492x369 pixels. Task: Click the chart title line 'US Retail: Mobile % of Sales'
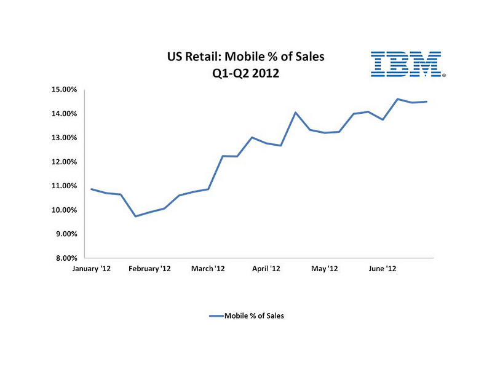pos(245,58)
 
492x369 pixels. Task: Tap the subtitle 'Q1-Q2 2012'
pos(245,74)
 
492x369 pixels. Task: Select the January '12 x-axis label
pos(91,269)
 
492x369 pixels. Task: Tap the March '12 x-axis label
pos(209,269)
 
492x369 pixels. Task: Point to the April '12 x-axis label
pos(266,269)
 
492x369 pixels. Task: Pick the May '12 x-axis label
pos(324,269)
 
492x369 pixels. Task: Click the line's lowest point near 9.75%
pos(135,216)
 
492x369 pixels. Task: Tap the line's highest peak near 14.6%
pos(397,99)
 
